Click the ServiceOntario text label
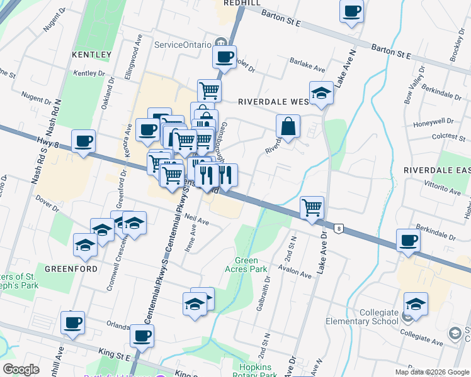[x=183, y=45]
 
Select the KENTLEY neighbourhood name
[x=91, y=55]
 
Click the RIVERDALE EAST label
[x=437, y=170]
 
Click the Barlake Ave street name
[x=307, y=65]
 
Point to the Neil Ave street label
[x=197, y=221]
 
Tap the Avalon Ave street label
[x=297, y=273]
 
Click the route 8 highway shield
[x=339, y=228]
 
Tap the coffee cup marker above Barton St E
[x=351, y=11]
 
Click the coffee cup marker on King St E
[x=142, y=336]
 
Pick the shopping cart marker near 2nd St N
[x=312, y=207]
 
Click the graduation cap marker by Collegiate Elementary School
[x=416, y=304]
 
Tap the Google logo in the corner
[x=21, y=370]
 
